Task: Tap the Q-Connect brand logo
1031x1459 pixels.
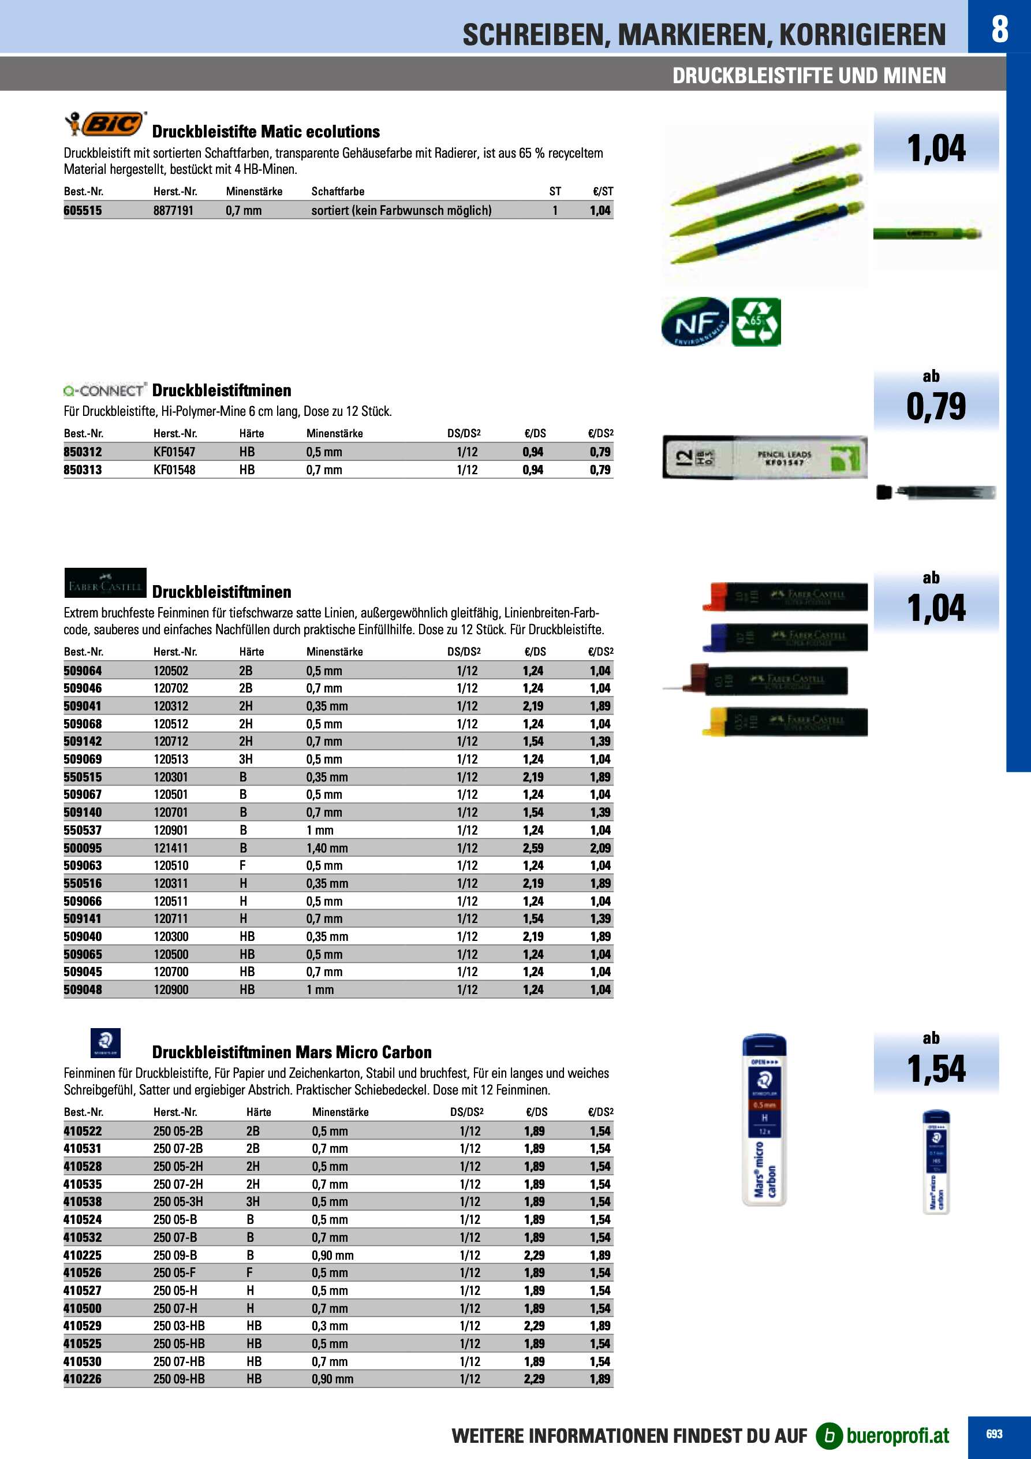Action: [x=105, y=390]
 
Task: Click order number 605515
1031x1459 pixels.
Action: [x=83, y=210]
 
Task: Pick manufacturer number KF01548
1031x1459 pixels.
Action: [x=174, y=470]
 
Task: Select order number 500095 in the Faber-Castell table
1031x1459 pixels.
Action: [x=83, y=848]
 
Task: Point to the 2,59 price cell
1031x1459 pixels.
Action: [x=533, y=848]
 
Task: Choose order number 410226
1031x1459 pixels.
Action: [x=83, y=1379]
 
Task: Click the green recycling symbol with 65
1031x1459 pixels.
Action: [x=756, y=322]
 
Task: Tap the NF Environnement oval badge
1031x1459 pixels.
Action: [x=696, y=322]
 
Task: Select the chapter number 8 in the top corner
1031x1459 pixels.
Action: [x=999, y=29]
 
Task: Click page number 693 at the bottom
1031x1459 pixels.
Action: [x=994, y=1434]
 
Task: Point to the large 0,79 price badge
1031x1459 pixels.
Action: [x=936, y=406]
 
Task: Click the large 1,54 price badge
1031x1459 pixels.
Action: [x=936, y=1068]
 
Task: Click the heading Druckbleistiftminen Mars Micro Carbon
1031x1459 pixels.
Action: [x=292, y=1052]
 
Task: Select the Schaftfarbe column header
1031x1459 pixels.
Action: [x=337, y=191]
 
